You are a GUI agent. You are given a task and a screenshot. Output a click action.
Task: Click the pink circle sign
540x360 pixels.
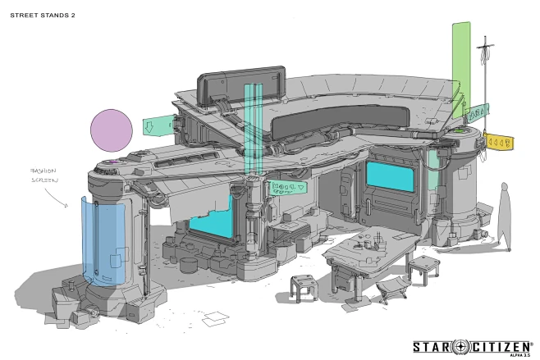tap(112, 130)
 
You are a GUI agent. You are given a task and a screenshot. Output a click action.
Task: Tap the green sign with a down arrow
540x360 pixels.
tap(158, 125)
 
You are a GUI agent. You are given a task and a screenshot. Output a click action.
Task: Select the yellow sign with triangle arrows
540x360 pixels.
tap(499, 141)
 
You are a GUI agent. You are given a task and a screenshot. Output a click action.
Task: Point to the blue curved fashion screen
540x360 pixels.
tap(103, 241)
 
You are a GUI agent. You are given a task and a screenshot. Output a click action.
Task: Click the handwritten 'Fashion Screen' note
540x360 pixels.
tap(43, 175)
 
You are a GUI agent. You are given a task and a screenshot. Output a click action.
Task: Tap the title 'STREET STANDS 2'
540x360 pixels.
tap(43, 15)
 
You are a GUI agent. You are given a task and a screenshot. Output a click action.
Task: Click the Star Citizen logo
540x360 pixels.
tap(472, 347)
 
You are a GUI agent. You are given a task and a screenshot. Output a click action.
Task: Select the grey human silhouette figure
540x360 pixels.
tap(504, 216)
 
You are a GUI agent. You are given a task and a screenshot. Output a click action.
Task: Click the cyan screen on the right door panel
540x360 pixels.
tap(390, 176)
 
